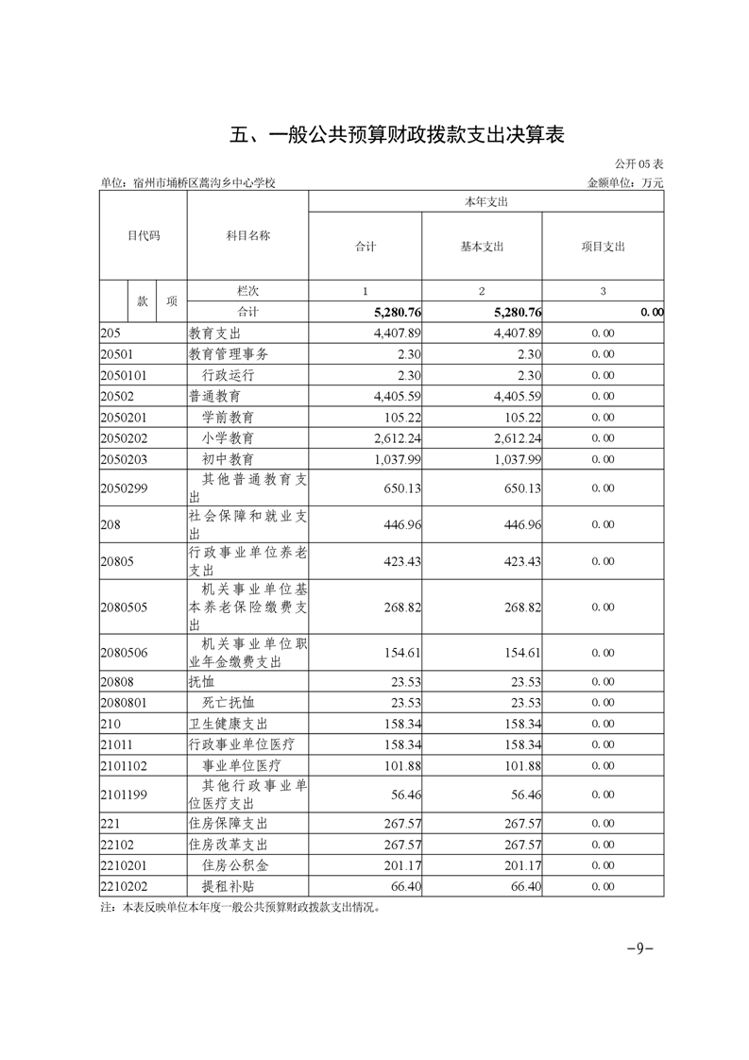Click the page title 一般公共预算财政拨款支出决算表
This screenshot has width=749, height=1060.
(398, 134)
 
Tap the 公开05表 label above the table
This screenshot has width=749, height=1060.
(638, 163)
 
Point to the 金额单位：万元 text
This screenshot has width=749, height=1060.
(625, 182)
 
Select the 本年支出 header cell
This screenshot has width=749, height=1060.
(485, 202)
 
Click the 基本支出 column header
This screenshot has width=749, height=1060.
(482, 247)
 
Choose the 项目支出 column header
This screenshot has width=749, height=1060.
(603, 247)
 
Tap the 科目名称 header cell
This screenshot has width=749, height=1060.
(247, 235)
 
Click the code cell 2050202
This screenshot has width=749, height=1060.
(124, 438)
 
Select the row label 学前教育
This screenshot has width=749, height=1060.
(228, 417)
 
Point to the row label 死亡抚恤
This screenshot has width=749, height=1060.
(228, 703)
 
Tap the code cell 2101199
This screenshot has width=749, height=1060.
(124, 795)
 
